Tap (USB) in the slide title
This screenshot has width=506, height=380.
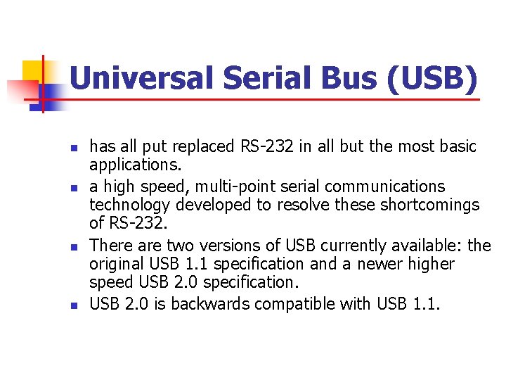432,78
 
